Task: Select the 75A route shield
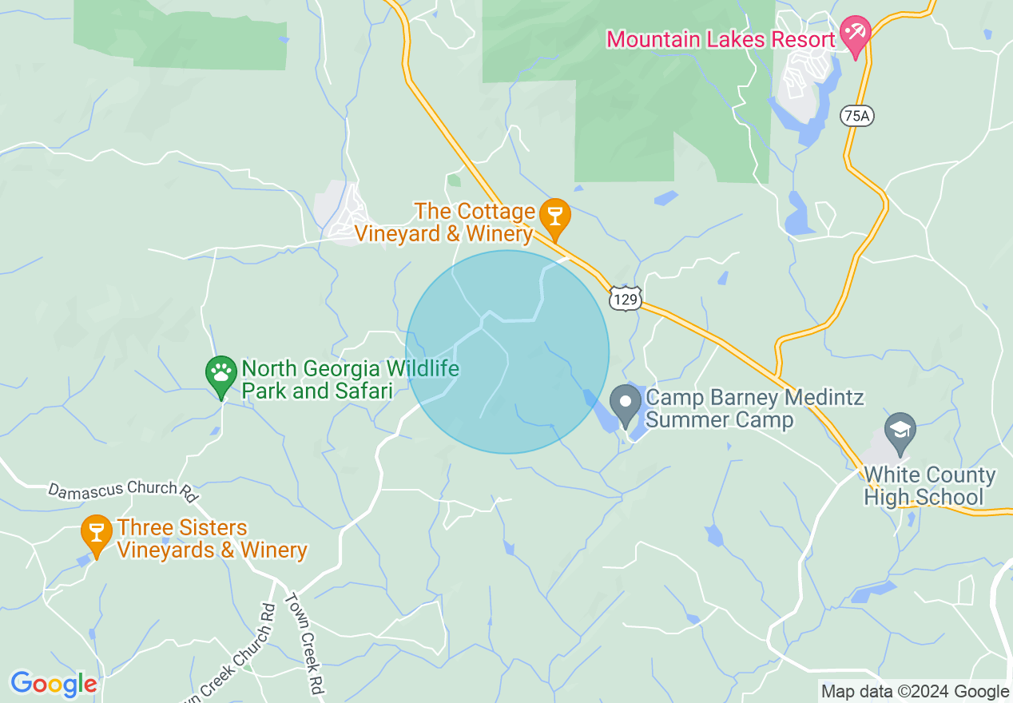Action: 857,116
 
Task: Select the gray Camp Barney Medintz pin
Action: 626,402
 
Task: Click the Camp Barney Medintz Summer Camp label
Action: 754,408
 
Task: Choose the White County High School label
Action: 930,487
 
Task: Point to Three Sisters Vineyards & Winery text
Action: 212,539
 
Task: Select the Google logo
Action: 53,685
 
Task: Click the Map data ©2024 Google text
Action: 915,692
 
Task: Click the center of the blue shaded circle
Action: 507,352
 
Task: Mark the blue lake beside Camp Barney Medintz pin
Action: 603,411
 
